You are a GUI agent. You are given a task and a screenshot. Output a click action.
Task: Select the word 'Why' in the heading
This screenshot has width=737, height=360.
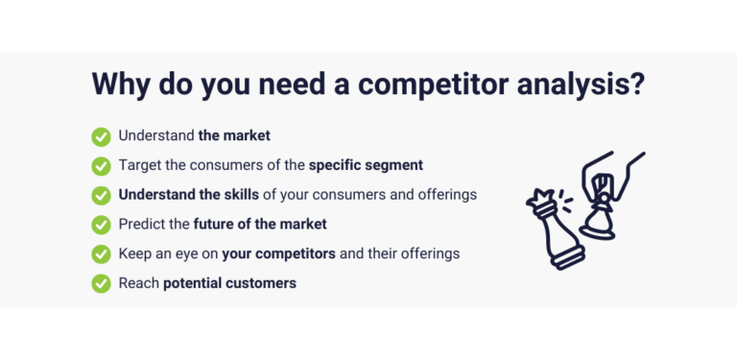[x=124, y=83]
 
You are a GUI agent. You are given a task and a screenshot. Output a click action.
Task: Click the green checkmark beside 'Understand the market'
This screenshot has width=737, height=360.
[x=101, y=136]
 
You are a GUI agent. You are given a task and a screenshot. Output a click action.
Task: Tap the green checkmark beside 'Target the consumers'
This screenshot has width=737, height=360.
[x=101, y=165]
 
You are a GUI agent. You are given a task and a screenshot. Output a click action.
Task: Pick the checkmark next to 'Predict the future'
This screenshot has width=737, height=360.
[x=101, y=225]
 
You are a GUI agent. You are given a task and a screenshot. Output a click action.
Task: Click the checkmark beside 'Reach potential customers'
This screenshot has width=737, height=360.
[x=101, y=283]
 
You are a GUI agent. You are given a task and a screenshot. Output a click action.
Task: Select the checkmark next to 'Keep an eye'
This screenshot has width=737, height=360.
[x=101, y=254]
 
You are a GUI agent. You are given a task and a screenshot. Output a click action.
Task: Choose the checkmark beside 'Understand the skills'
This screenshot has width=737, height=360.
[x=101, y=195]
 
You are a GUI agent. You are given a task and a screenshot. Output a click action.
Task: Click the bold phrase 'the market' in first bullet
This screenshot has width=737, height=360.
[x=234, y=136]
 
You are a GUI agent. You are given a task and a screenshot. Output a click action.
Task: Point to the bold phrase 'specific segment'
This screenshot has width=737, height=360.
[x=366, y=165]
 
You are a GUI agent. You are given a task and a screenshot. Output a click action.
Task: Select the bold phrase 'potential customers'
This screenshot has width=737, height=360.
[x=229, y=283]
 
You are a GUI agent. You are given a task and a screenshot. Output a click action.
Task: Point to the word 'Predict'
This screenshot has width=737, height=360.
[x=141, y=224]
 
